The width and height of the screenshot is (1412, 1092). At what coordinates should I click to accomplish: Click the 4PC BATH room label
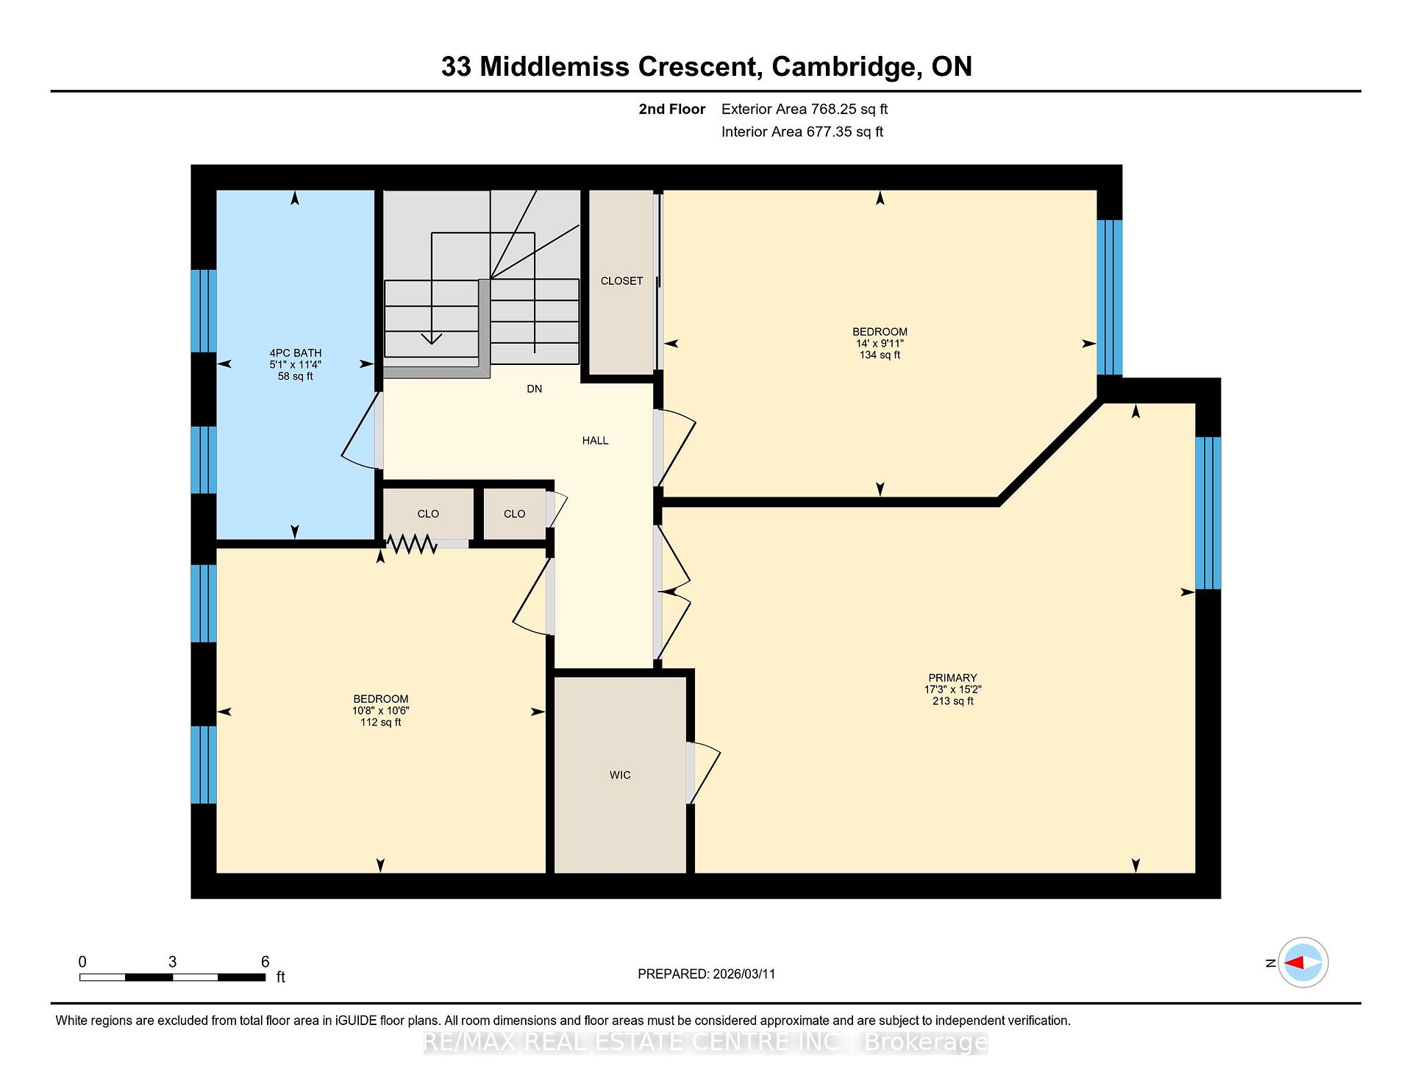(295, 353)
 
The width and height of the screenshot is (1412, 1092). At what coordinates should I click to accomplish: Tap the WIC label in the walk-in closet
(620, 775)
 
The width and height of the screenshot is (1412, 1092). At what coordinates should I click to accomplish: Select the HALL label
(595, 441)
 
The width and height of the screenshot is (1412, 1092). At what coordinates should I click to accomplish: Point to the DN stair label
(535, 389)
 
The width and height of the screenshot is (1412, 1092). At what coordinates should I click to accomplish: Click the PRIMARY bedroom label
(952, 678)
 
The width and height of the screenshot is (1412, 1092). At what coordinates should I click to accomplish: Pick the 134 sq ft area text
(880, 355)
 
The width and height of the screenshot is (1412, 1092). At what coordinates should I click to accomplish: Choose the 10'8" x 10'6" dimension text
(380, 711)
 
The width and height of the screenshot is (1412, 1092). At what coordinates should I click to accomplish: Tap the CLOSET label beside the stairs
(621, 281)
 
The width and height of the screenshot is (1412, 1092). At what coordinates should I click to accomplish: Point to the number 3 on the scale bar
(172, 962)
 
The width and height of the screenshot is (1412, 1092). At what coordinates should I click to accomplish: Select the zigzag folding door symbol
(412, 544)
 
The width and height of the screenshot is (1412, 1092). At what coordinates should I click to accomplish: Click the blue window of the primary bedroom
(1208, 514)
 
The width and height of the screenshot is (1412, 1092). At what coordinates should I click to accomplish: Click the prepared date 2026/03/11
(744, 974)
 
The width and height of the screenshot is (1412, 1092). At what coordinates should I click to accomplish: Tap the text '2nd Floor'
(672, 110)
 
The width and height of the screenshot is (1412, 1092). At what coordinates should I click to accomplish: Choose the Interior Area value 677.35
(830, 132)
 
